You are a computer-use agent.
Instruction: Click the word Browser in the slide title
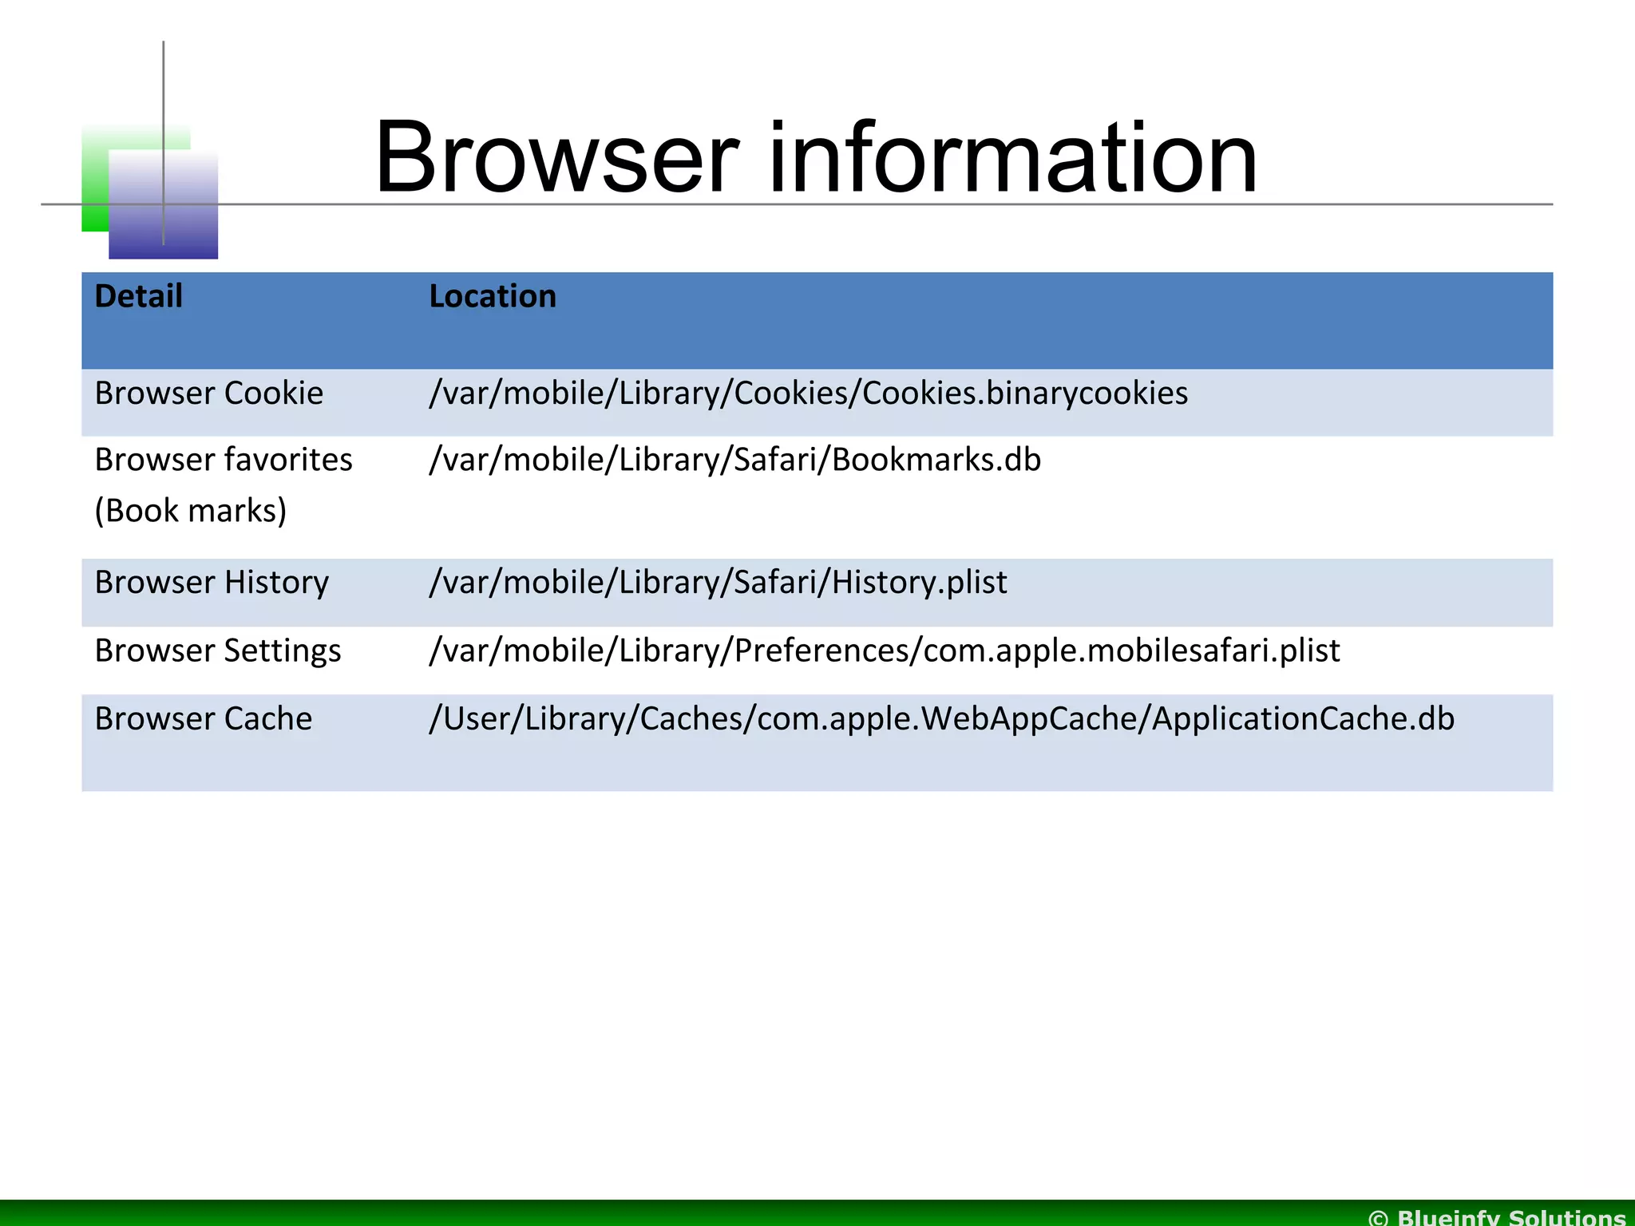pyautogui.click(x=556, y=157)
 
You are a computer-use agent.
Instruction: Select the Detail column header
pyautogui.click(x=138, y=296)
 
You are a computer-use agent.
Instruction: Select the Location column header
pyautogui.click(x=492, y=296)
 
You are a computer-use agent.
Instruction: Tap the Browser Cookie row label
pyautogui.click(x=208, y=394)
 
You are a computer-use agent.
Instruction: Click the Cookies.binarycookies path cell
pyautogui.click(x=807, y=394)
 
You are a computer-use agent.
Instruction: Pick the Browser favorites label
pyautogui.click(x=223, y=460)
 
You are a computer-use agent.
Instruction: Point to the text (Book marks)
pyautogui.click(x=190, y=511)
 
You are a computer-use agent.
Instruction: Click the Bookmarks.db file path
pyautogui.click(x=734, y=460)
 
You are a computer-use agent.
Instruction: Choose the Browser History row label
pyautogui.click(x=212, y=583)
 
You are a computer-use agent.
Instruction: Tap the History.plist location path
pyautogui.click(x=717, y=583)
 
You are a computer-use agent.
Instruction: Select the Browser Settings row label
pyautogui.click(x=217, y=651)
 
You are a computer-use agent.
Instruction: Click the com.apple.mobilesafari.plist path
pyautogui.click(x=884, y=651)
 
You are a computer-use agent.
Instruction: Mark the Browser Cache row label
pyautogui.click(x=203, y=718)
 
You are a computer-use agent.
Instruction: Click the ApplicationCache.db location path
pyautogui.click(x=941, y=718)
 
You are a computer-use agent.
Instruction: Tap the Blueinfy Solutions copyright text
pyautogui.click(x=1497, y=1216)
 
